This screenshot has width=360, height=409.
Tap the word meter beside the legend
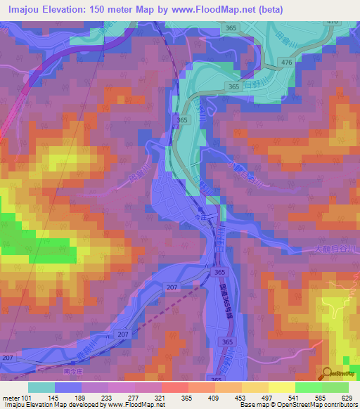[11, 398]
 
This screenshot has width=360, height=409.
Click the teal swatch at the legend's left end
[41, 387]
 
